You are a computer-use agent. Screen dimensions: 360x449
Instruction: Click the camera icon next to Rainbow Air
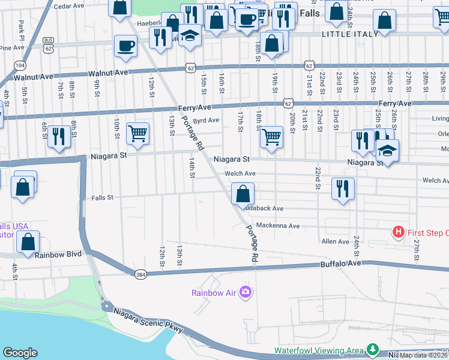[245, 292]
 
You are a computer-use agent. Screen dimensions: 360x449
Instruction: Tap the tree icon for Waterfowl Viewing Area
[373, 349]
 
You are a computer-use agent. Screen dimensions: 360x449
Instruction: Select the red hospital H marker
[397, 232]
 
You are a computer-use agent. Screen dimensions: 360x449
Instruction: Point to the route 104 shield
[20, 65]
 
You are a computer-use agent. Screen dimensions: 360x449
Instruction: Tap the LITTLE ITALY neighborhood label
[350, 34]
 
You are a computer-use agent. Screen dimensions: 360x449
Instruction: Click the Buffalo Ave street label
[341, 263]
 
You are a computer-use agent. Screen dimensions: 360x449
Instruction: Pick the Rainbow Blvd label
[58, 254]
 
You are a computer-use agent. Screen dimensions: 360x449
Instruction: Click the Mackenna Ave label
[277, 226]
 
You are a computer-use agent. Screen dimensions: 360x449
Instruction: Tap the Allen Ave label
[335, 241]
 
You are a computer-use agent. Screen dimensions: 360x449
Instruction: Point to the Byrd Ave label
[205, 120]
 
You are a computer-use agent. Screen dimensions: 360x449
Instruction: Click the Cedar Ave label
[69, 6]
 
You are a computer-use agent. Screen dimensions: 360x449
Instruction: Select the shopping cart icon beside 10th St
[138, 134]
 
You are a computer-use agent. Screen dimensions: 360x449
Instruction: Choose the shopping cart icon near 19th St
[271, 137]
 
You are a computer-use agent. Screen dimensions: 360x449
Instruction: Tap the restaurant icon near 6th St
[58, 137]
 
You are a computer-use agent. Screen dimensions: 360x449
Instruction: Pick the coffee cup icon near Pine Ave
[125, 46]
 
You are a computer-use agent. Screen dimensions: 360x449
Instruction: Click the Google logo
[20, 353]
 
